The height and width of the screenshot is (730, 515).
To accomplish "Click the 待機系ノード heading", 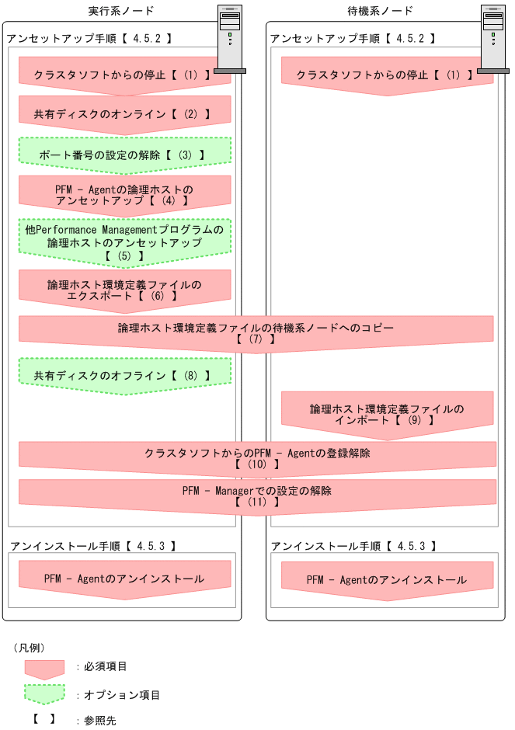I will click(x=381, y=10).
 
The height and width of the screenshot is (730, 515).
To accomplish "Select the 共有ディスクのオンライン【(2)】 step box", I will click(x=124, y=113).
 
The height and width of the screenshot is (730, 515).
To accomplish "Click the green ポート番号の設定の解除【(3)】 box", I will click(x=124, y=154).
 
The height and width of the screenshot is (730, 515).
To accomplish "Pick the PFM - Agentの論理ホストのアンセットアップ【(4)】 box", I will click(x=124, y=194).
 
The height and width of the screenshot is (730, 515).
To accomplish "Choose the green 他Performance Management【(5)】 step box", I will click(x=124, y=242).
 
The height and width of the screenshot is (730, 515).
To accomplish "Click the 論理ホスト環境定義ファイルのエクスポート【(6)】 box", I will click(x=124, y=290).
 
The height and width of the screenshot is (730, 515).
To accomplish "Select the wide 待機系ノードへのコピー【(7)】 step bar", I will click(x=256, y=333).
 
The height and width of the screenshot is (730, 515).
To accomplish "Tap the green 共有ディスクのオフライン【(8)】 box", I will click(x=124, y=375).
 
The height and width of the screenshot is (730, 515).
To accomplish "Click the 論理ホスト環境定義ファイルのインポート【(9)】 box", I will click(x=387, y=413).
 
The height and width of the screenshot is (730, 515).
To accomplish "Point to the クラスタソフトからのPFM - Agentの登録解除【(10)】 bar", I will click(x=256, y=458).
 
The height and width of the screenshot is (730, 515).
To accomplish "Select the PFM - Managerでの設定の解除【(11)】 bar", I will click(x=256, y=496).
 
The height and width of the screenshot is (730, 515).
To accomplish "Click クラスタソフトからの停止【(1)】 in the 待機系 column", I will click(x=387, y=76).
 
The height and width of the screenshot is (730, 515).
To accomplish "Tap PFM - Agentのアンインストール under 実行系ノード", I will click(x=124, y=579).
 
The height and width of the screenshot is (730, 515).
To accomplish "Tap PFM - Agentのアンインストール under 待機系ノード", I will click(x=387, y=580).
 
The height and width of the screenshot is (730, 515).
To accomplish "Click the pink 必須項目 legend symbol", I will click(x=44, y=668).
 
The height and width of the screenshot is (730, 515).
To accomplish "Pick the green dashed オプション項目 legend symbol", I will click(x=44, y=694).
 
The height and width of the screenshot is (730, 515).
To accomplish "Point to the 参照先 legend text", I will click(x=100, y=721).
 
